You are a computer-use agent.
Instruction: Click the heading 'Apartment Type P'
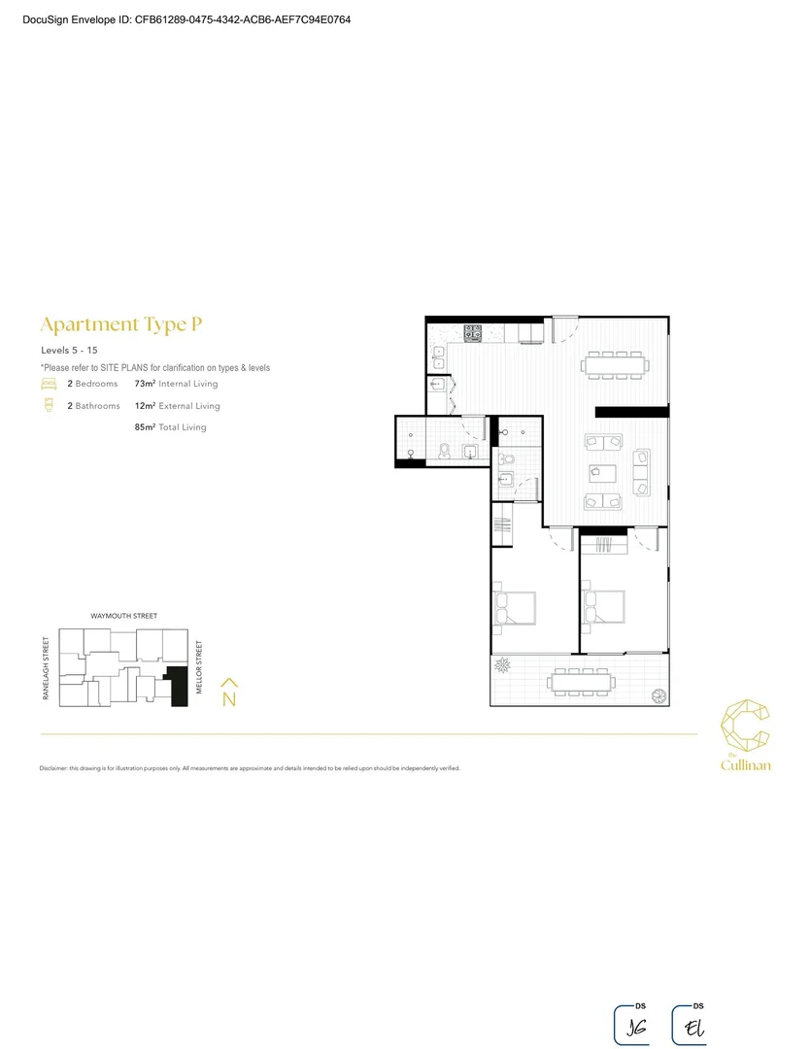(x=121, y=324)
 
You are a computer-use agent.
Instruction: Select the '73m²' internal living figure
(x=146, y=385)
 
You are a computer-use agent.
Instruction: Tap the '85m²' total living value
(x=146, y=427)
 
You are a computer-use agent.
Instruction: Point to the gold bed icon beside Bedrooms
(x=49, y=385)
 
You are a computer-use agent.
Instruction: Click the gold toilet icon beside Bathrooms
(x=49, y=406)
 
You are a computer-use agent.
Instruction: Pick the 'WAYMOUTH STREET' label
(x=123, y=616)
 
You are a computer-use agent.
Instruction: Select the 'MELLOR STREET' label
(x=199, y=667)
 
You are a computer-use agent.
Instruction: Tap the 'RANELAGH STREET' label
(x=46, y=667)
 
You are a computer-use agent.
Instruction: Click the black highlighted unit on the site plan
(x=178, y=688)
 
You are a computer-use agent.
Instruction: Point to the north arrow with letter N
(x=229, y=693)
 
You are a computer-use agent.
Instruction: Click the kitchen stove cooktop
(x=474, y=333)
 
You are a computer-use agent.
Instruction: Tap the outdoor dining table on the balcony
(x=581, y=683)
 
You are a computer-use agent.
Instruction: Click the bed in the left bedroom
(x=514, y=608)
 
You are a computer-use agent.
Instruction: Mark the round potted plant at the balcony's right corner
(x=659, y=694)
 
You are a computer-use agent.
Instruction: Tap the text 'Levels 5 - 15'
(x=69, y=349)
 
